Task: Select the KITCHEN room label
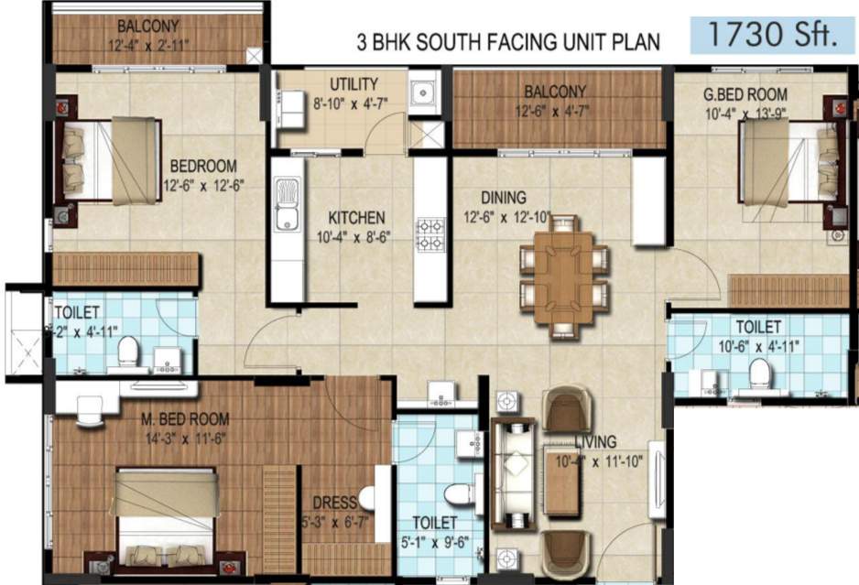[x=356, y=218]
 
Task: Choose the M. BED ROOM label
[x=185, y=419]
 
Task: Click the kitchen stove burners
[x=430, y=234]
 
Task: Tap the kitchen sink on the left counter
[x=287, y=205]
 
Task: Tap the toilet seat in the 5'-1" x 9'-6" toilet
[x=455, y=495]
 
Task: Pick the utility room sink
[x=422, y=92]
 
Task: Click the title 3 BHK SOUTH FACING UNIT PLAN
[x=508, y=42]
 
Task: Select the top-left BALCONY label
[x=148, y=25]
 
